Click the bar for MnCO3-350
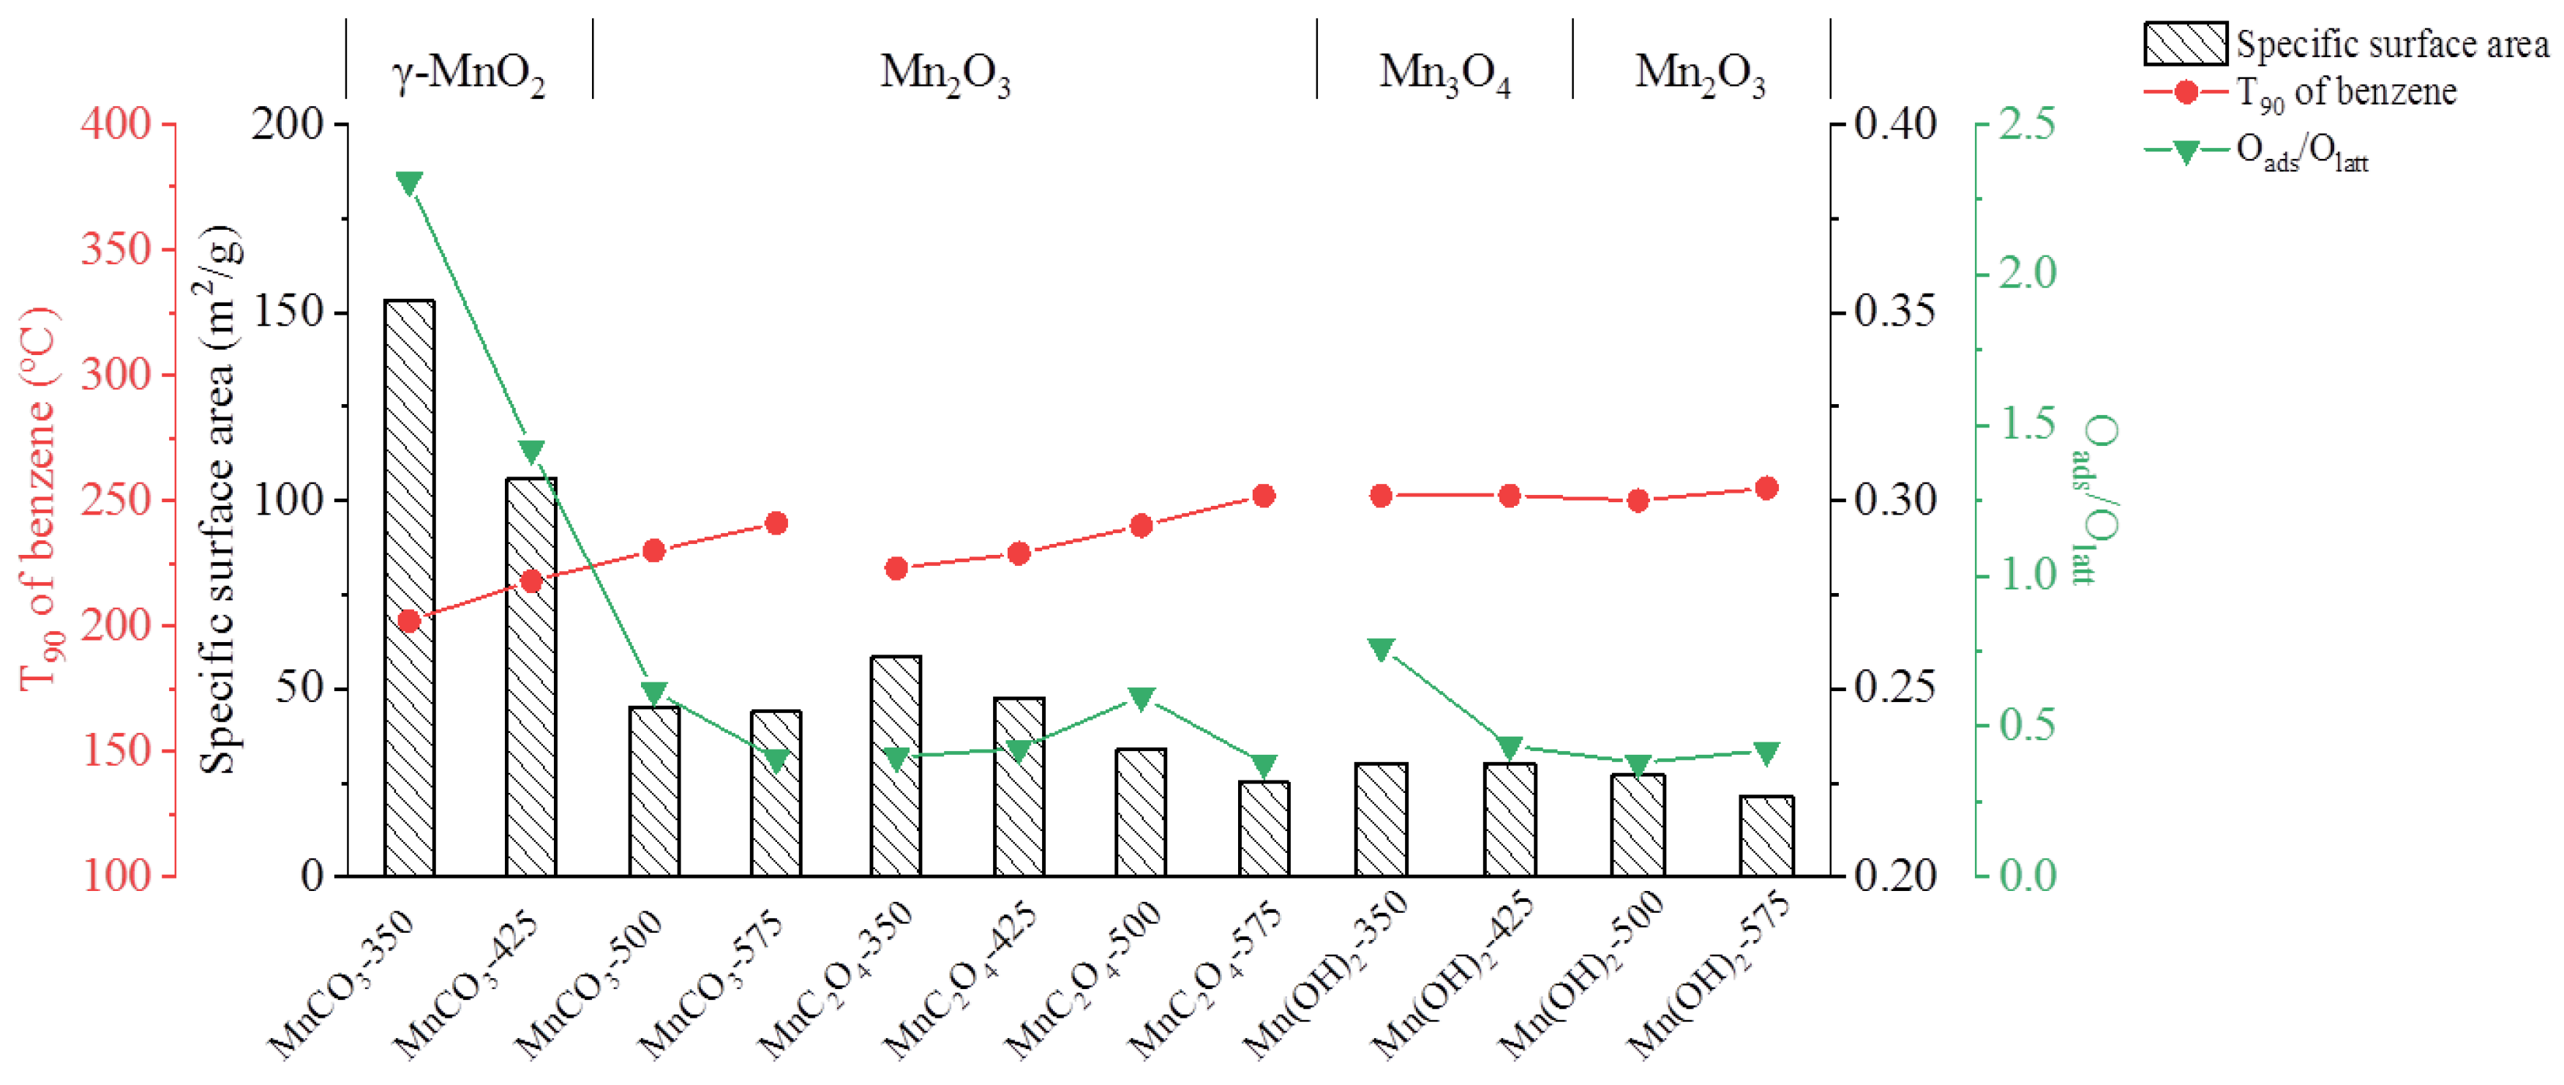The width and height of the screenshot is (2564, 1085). (x=409, y=587)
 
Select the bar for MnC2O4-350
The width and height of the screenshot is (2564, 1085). (x=896, y=767)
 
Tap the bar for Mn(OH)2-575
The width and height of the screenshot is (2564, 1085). (x=1766, y=836)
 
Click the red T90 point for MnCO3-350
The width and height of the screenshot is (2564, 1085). (x=409, y=621)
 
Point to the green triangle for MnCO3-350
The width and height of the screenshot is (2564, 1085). (x=409, y=183)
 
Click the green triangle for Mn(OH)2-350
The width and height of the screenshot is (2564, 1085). (x=1382, y=649)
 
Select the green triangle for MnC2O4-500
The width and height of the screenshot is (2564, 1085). (x=1142, y=698)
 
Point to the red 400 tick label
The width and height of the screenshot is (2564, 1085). (x=116, y=124)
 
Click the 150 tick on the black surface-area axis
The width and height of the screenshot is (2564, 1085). (x=288, y=313)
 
